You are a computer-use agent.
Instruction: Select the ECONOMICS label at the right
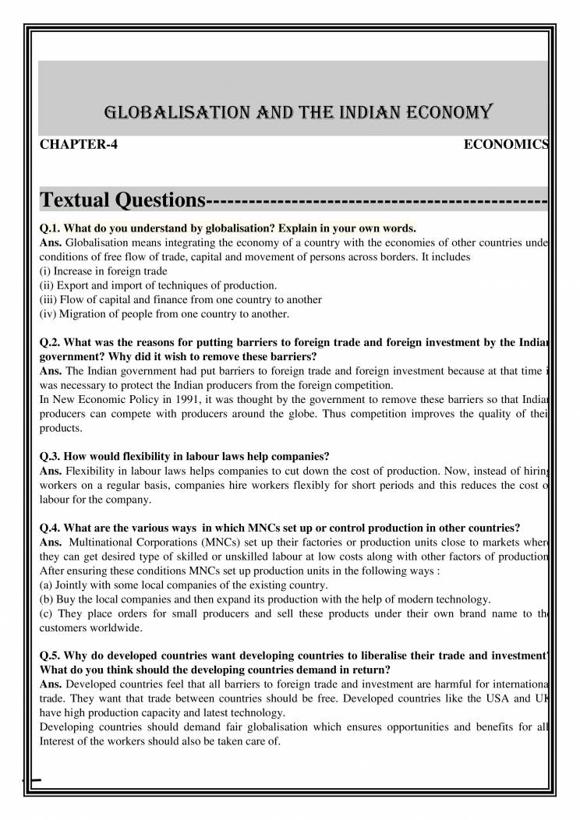(x=506, y=145)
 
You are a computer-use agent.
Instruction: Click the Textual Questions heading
(x=120, y=201)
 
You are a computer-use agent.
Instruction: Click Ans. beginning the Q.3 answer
(x=51, y=470)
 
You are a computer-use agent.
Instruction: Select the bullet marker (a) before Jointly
(x=46, y=585)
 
